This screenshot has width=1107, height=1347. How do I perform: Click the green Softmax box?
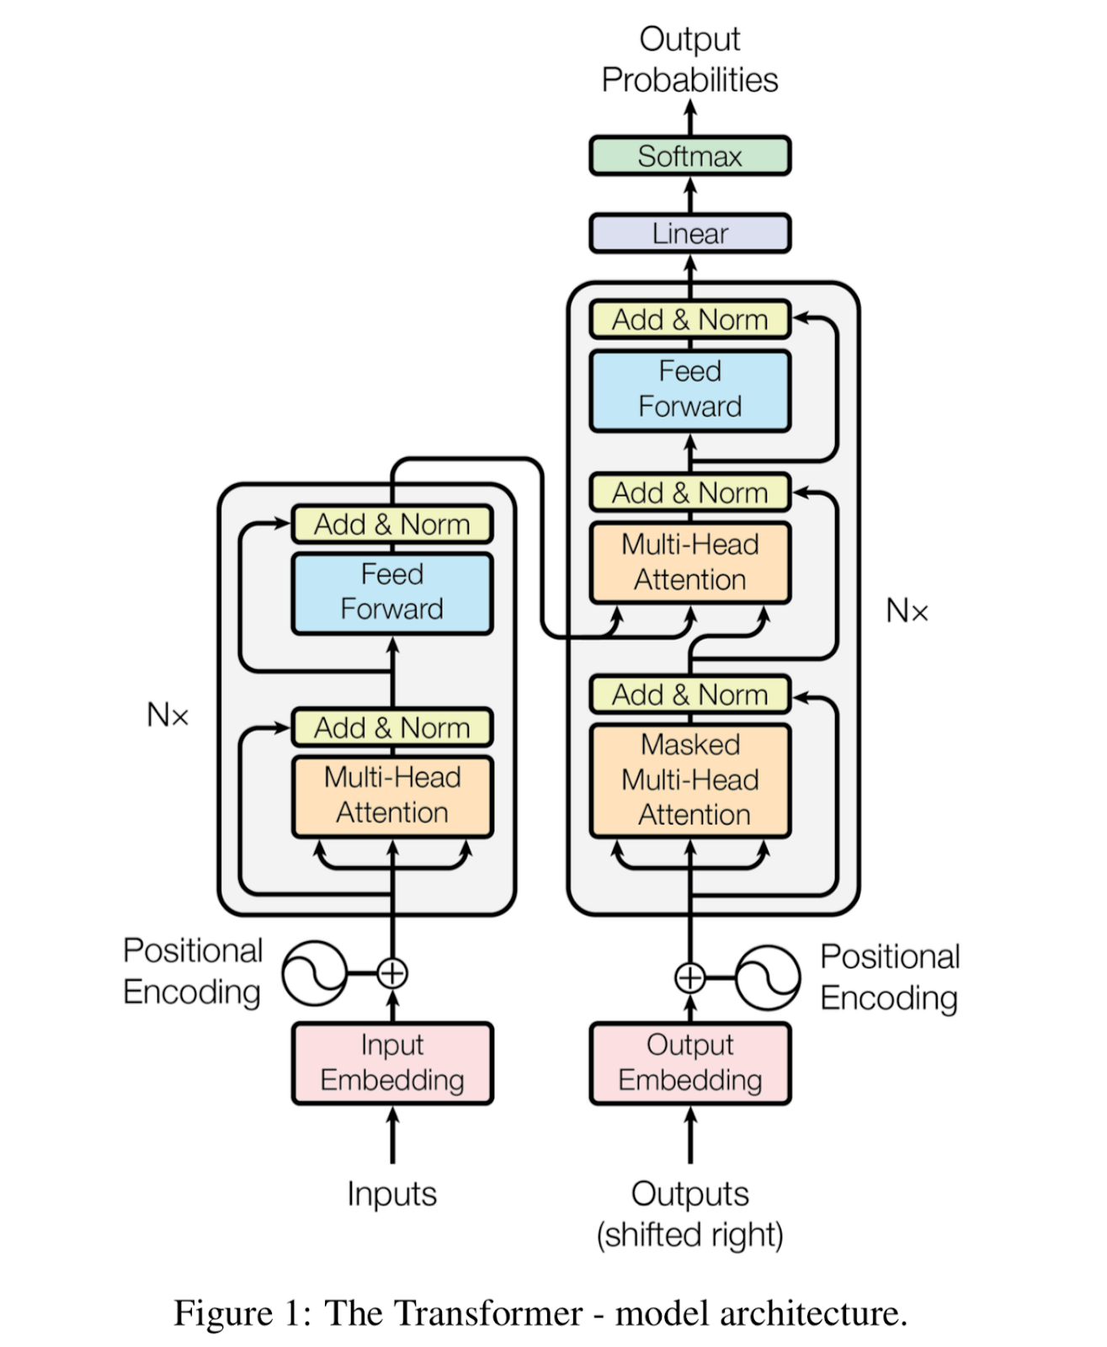click(x=689, y=156)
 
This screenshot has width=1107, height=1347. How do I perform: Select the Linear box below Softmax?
click(x=689, y=233)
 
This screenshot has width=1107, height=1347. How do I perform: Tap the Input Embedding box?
click(x=391, y=1062)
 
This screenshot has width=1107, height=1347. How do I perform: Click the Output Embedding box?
click(x=689, y=1062)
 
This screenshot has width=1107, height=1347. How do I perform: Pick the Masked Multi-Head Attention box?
click(x=689, y=780)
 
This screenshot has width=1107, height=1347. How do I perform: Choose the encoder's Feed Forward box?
click(x=391, y=592)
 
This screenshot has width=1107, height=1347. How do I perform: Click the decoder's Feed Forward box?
click(x=689, y=390)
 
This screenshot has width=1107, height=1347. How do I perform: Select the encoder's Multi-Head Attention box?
click(x=391, y=796)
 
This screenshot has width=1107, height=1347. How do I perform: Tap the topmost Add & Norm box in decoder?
click(x=689, y=320)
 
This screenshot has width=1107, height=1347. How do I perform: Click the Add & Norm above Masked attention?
click(x=689, y=695)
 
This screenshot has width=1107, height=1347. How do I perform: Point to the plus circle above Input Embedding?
click(x=392, y=973)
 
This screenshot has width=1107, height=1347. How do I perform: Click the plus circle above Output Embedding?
click(x=690, y=977)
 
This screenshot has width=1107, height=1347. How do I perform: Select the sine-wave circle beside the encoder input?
click(x=314, y=973)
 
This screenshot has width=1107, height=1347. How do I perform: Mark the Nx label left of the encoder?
click(x=168, y=716)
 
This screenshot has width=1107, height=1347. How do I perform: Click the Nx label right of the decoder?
click(x=907, y=611)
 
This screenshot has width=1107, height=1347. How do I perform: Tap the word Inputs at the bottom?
click(x=391, y=1194)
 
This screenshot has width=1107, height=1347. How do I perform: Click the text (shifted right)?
click(x=689, y=1235)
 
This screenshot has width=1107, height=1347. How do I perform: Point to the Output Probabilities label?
click(x=689, y=60)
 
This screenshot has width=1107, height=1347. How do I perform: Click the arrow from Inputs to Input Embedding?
click(x=392, y=1137)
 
